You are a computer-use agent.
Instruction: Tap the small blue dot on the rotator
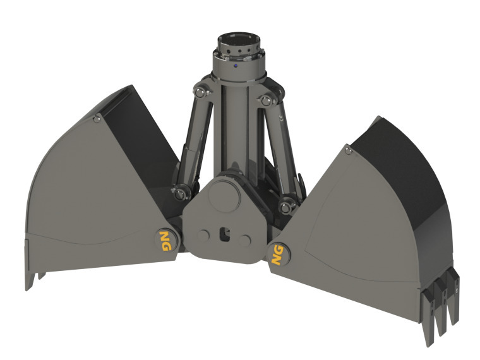tap(235, 64)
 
